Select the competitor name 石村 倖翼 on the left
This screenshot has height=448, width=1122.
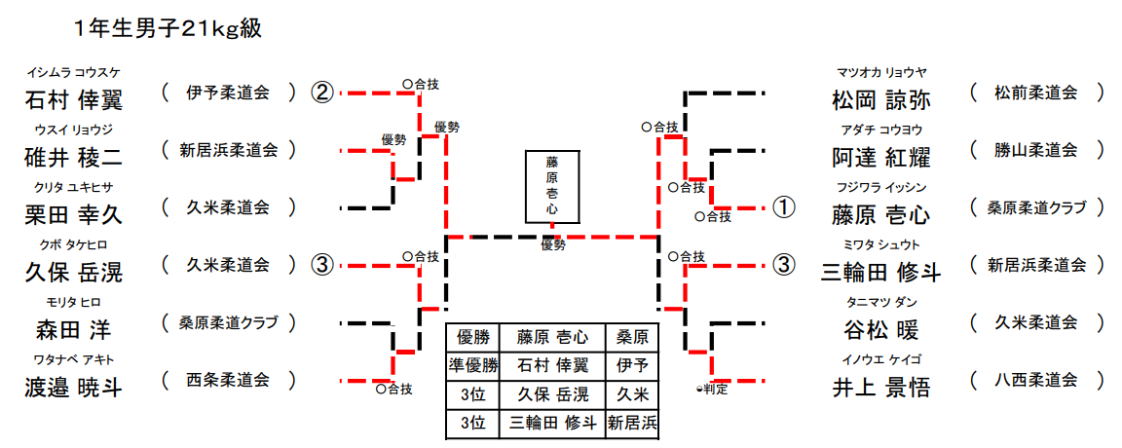click(x=73, y=98)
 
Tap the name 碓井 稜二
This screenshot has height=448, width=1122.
click(x=73, y=156)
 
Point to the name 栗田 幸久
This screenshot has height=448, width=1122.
click(x=73, y=213)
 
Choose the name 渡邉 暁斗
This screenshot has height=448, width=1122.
click(x=73, y=387)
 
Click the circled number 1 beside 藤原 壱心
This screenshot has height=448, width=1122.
click(x=784, y=207)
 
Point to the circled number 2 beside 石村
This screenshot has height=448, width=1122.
click(x=322, y=93)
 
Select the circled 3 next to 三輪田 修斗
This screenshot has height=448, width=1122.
click(x=784, y=265)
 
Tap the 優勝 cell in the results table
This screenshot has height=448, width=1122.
click(x=471, y=337)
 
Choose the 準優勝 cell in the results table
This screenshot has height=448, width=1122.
click(x=471, y=365)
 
